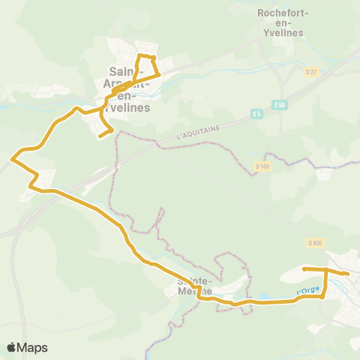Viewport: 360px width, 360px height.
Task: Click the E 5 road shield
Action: coord(256,114)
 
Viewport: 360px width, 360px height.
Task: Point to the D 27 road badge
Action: coord(312,72)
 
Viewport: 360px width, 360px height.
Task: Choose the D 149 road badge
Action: coord(262,166)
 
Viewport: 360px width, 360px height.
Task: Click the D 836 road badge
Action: coord(315,243)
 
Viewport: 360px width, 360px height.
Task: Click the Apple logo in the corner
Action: coord(11,347)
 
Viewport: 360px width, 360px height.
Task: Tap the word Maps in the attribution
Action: coord(33,347)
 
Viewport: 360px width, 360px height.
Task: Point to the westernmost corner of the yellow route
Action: coord(12,158)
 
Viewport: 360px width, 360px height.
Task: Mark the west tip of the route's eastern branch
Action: coord(303,268)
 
